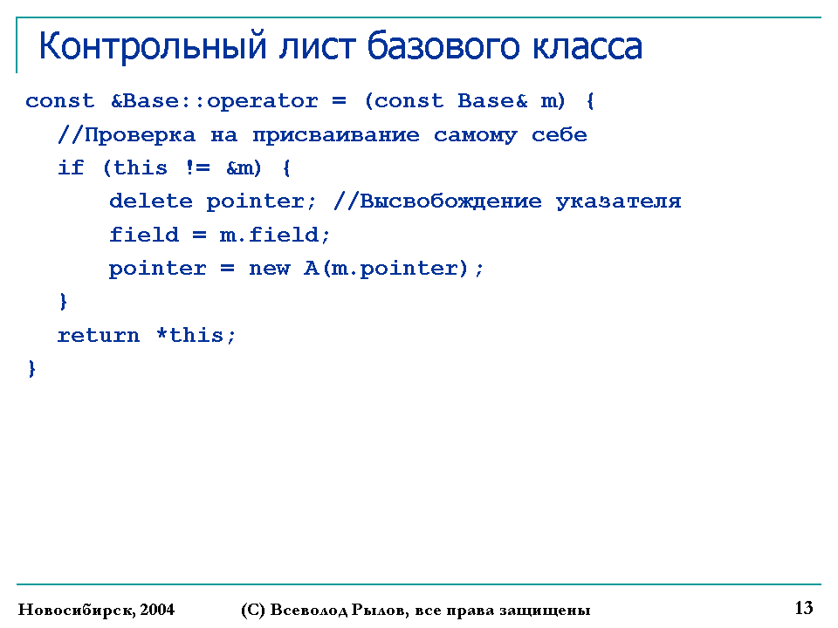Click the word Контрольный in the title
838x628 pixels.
coord(152,47)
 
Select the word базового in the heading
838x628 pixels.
coord(443,47)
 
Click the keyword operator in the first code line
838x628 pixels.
coord(262,101)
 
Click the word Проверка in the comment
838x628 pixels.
coord(140,135)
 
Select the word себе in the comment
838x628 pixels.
coord(559,134)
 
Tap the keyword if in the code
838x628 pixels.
coord(71,167)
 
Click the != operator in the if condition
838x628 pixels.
coord(198,167)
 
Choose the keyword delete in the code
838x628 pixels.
coord(151,201)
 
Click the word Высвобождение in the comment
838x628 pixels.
coord(450,201)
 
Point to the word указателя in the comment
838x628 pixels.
coord(618,201)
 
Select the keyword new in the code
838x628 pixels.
coord(269,269)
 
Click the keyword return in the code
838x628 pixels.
coord(99,335)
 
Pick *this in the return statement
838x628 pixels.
coord(191,335)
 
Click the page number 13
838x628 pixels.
coord(804,608)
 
